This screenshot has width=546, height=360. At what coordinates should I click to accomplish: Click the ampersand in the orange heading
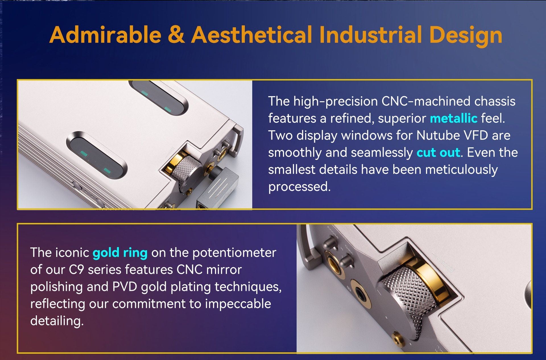[x=176, y=35]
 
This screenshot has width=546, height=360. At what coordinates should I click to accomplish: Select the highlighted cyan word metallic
[x=453, y=118]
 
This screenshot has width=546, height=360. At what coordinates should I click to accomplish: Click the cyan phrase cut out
[x=438, y=153]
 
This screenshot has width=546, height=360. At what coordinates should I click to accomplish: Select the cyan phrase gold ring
[x=120, y=253]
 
